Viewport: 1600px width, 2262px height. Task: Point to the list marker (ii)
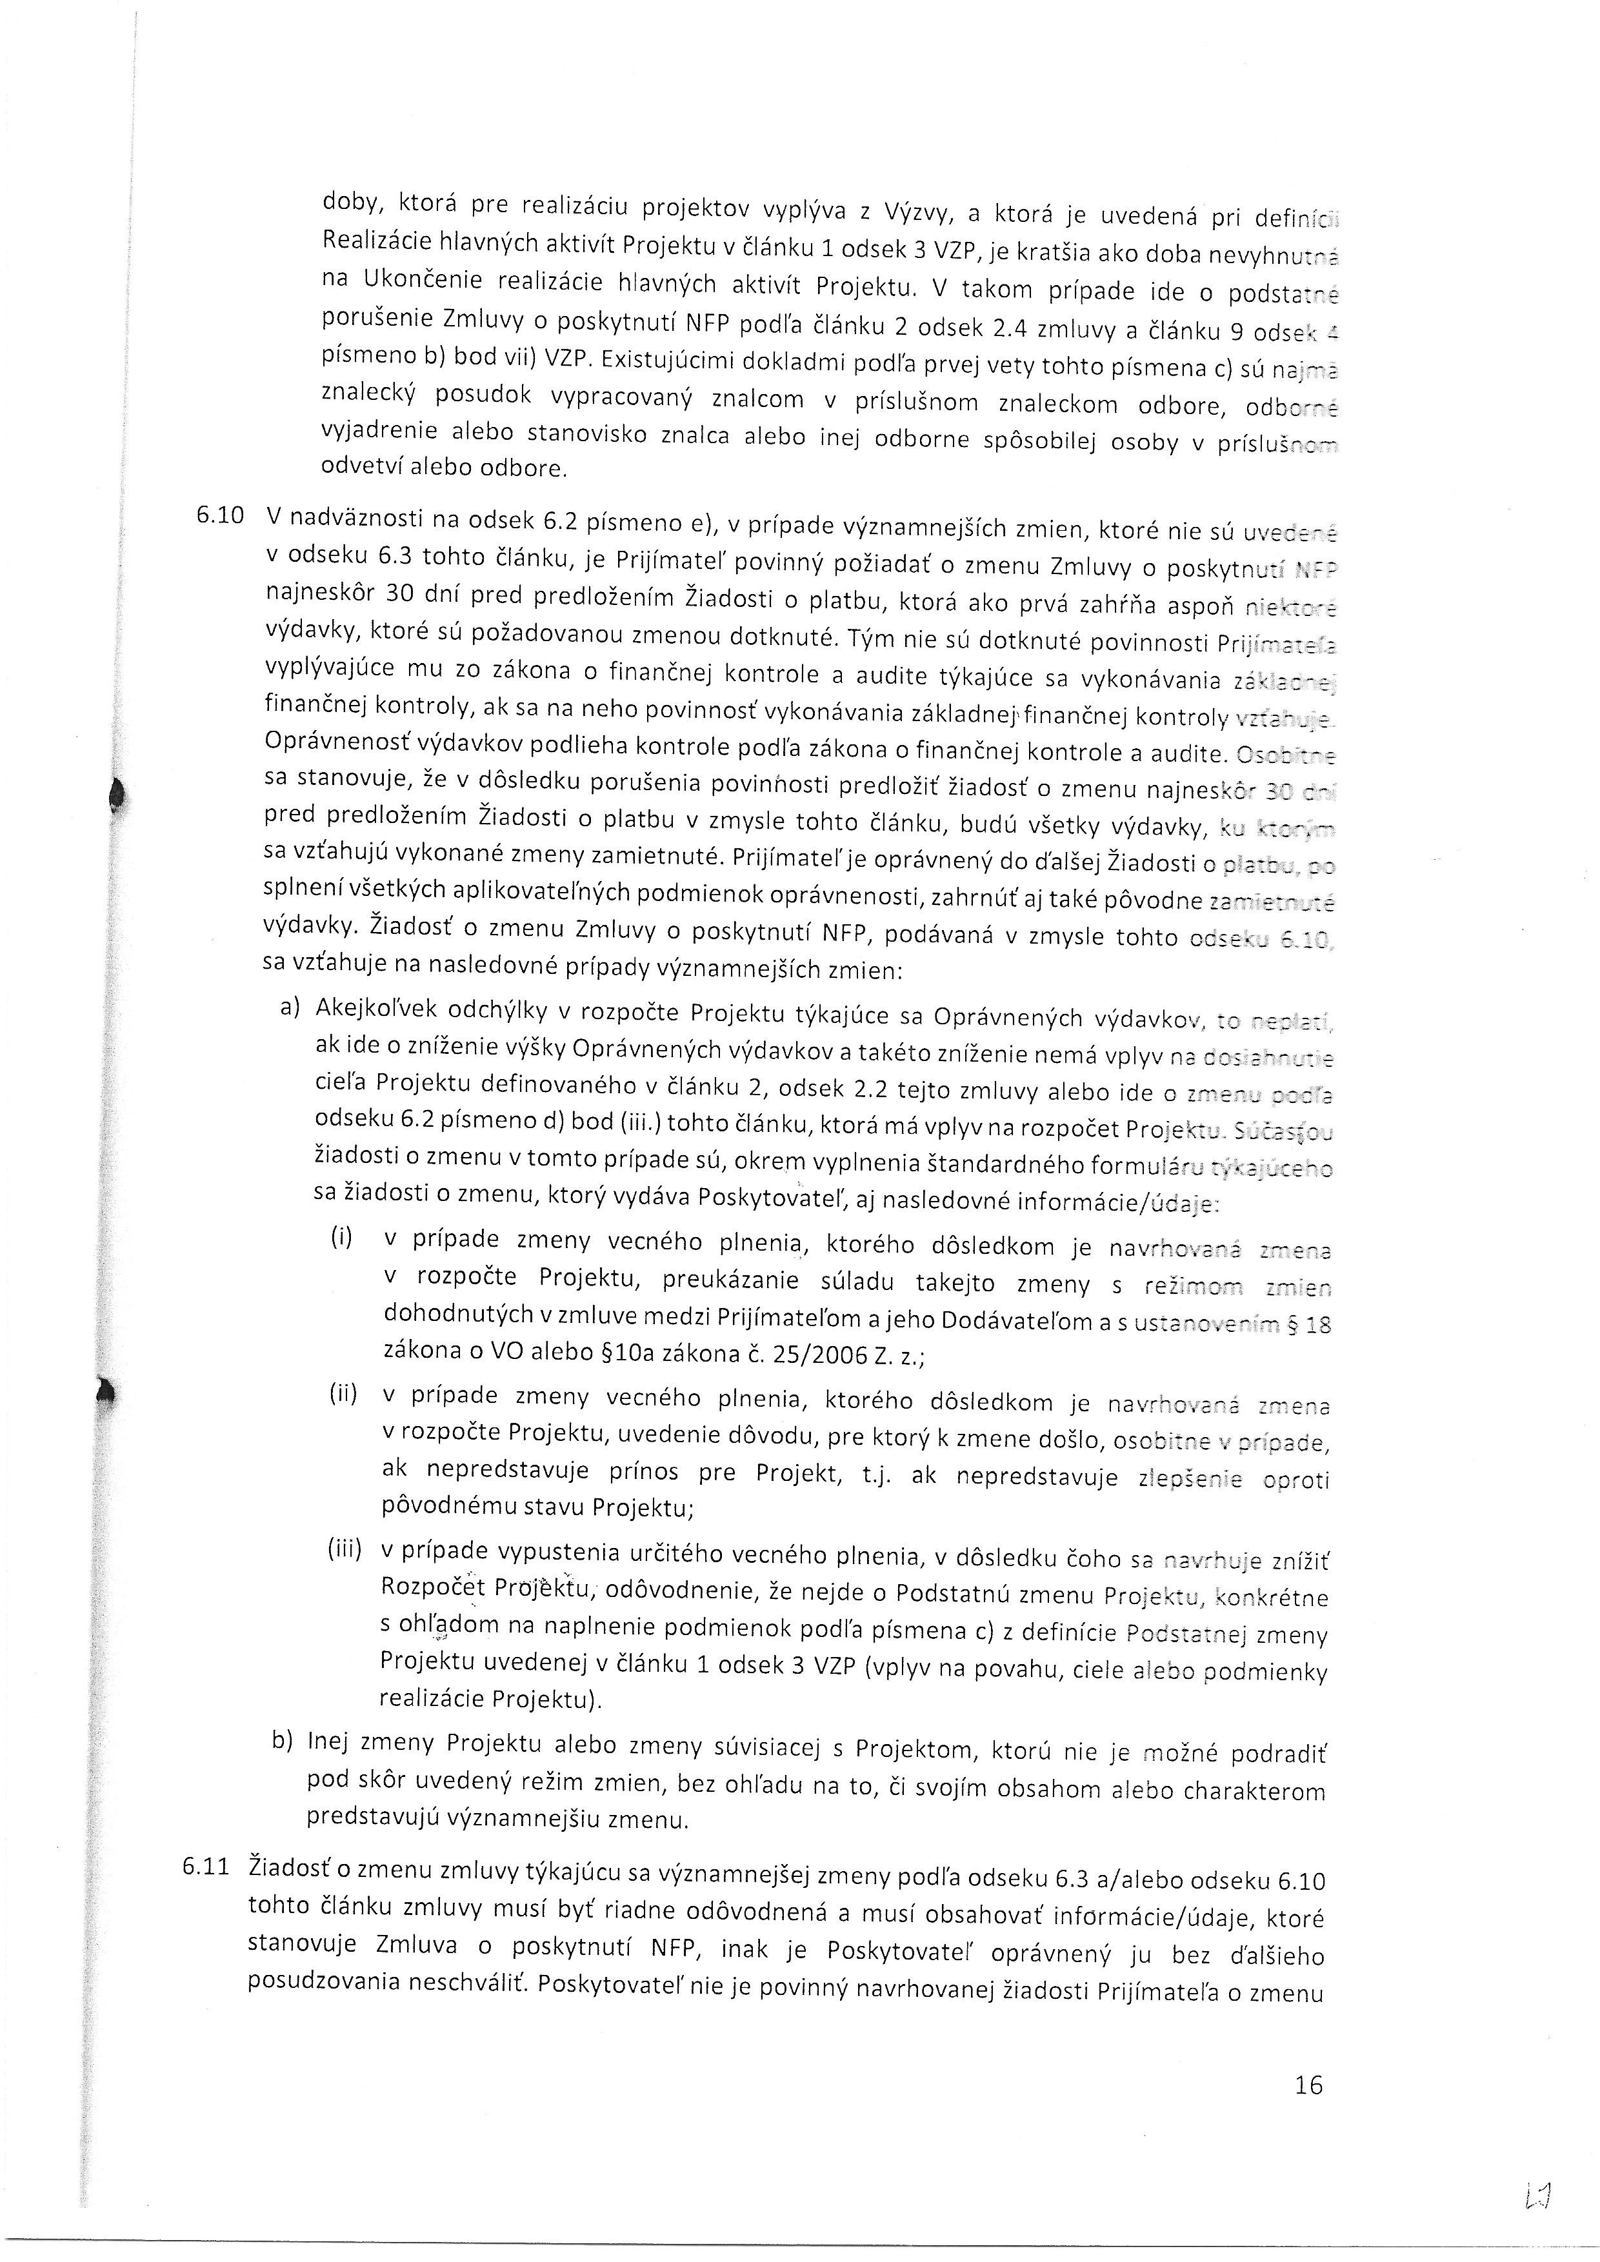click(342, 1395)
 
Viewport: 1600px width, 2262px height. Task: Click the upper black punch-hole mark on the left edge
click(118, 793)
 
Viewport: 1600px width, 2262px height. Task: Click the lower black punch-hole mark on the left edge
click(107, 1392)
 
